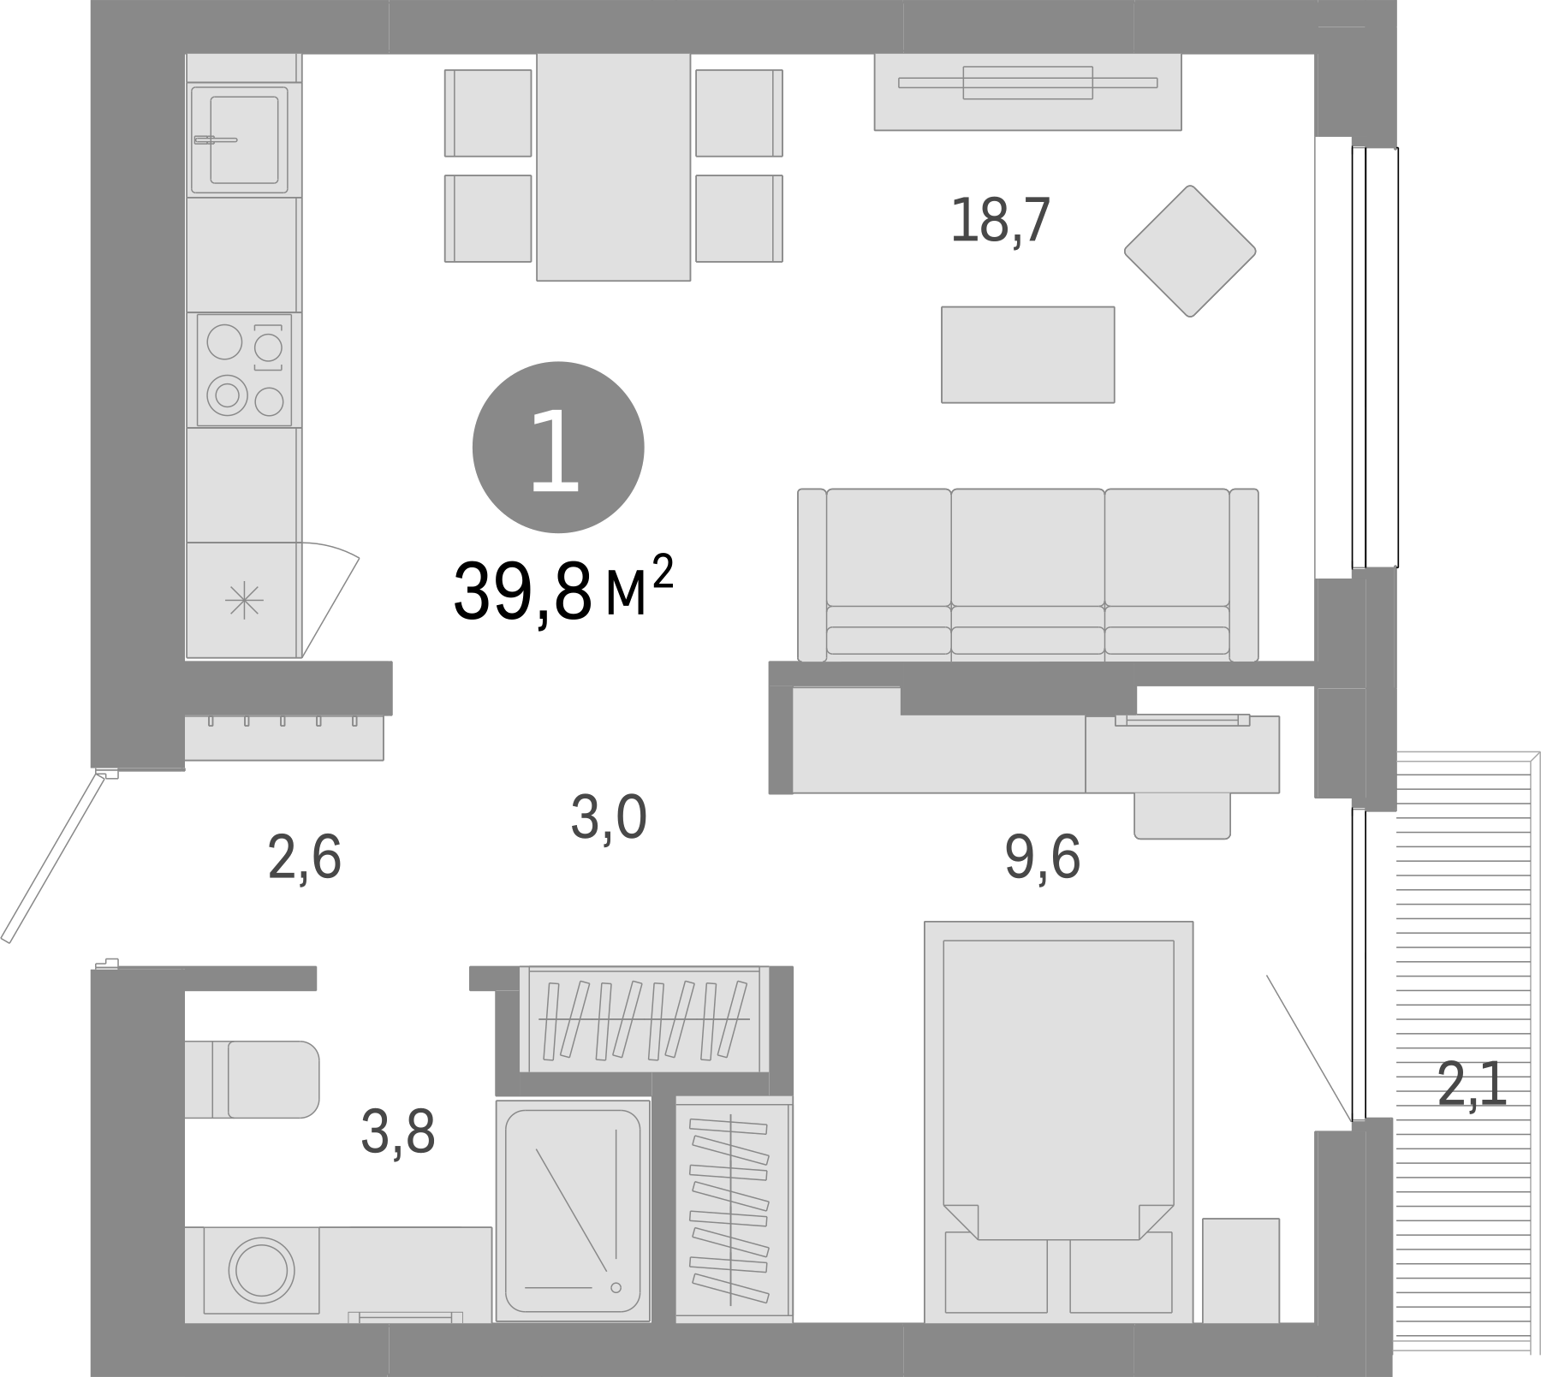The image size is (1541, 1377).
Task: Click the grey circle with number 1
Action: pos(557,448)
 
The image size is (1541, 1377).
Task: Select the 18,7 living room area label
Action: pos(1000,222)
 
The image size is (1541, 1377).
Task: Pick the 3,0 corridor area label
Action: pos(608,818)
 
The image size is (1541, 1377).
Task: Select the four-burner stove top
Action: pos(244,370)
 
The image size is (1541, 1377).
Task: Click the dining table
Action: pos(613,167)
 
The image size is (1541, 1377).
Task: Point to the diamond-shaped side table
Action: pos(1189,251)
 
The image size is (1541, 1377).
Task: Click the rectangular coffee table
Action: pos(1027,354)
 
